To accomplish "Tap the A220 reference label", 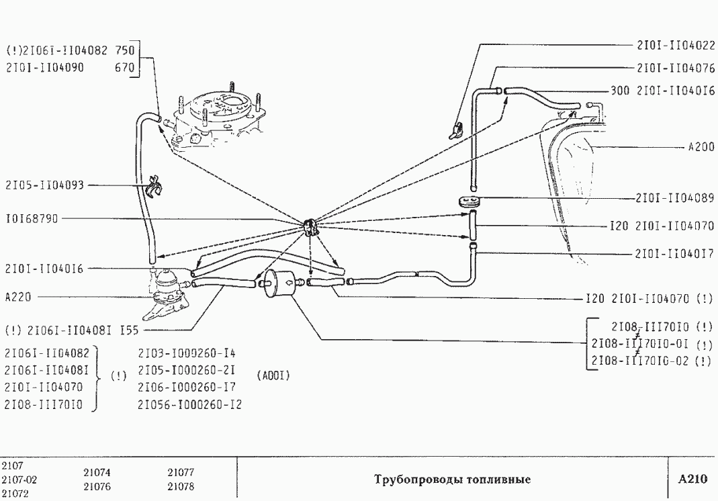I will tap(15, 295).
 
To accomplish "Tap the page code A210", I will tap(692, 480).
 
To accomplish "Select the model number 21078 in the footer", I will tap(180, 486).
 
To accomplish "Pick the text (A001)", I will tap(273, 376).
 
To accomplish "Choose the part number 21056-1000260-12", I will tap(189, 404).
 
